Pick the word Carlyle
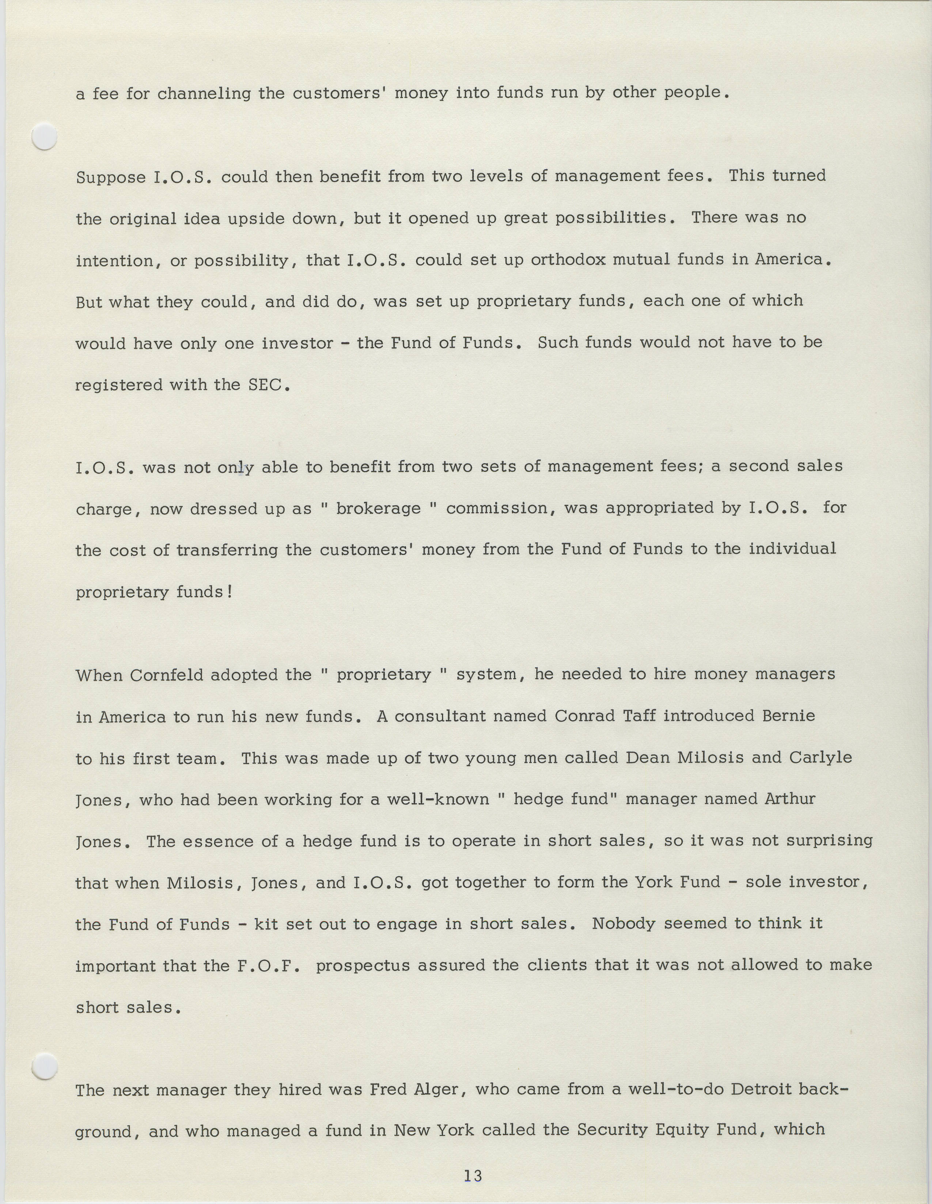pyautogui.click(x=821, y=758)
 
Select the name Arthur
pyautogui.click(x=790, y=799)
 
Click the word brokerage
pyautogui.click(x=378, y=508)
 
